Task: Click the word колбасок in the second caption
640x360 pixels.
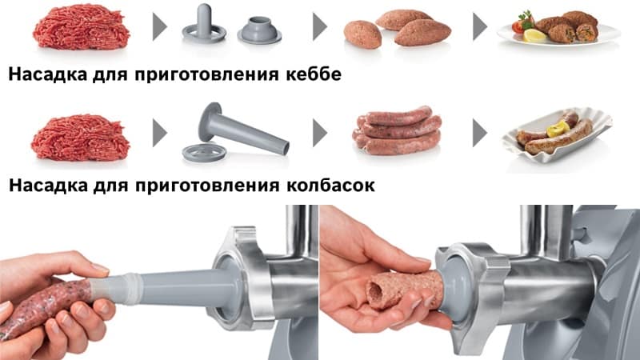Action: tap(330, 185)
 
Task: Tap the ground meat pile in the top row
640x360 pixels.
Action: tap(81, 27)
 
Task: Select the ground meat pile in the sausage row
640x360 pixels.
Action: tap(81, 138)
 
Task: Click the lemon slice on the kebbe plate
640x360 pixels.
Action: tap(534, 35)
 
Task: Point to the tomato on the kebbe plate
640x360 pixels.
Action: tap(518, 26)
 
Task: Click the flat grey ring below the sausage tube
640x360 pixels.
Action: tap(204, 154)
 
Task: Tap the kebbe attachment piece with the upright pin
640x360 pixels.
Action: tap(204, 25)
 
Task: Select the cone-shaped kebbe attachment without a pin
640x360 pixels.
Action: tap(259, 30)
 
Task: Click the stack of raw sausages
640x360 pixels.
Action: tap(397, 130)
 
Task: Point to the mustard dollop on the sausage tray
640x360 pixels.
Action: tap(558, 129)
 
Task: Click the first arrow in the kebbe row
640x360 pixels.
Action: tap(159, 27)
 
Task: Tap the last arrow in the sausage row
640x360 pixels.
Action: tap(480, 133)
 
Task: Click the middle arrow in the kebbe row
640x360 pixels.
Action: tap(320, 27)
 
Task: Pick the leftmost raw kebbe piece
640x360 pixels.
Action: tap(362, 34)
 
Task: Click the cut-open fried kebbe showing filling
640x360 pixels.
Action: tap(586, 33)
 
